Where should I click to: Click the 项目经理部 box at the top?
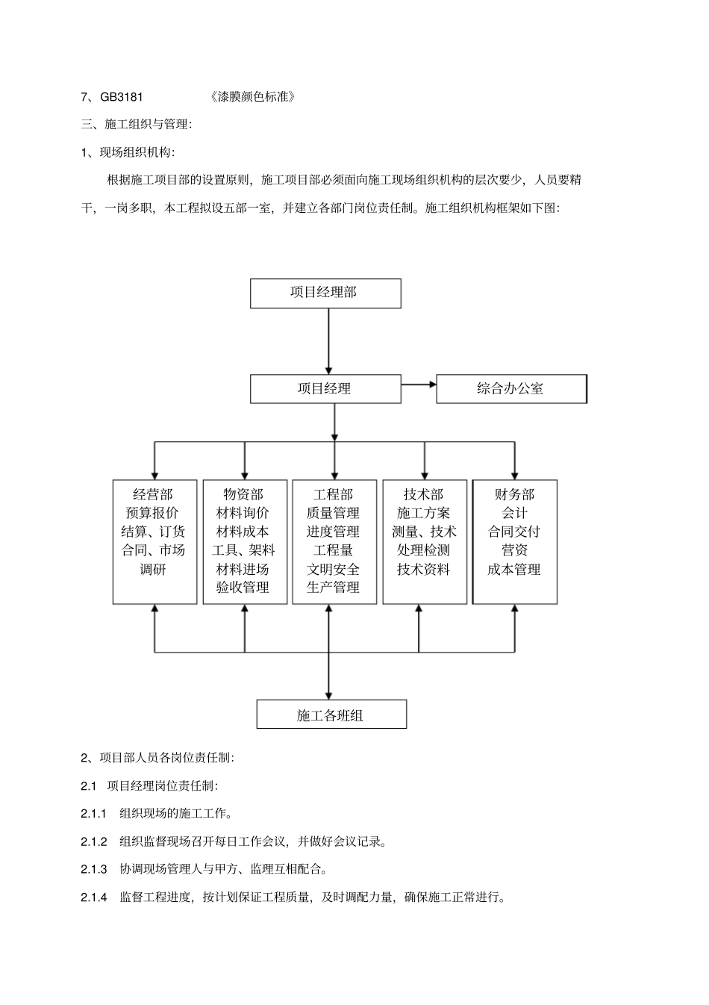(x=325, y=293)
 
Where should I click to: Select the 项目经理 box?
(x=325, y=388)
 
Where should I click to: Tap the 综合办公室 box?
(x=510, y=388)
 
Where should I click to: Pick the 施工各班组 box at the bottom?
(x=331, y=715)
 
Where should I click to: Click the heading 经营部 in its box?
(x=153, y=494)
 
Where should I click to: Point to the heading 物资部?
(x=243, y=494)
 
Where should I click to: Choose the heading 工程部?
(x=333, y=494)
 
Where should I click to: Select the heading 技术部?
(x=423, y=494)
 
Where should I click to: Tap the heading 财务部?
(x=514, y=494)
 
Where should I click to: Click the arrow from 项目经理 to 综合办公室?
(x=419, y=385)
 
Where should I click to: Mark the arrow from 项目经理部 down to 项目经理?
(x=328, y=340)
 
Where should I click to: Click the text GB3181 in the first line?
(x=122, y=96)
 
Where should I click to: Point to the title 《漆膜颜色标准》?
(x=253, y=96)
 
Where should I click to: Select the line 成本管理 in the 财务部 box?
(x=513, y=569)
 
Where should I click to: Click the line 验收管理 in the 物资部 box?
(x=243, y=588)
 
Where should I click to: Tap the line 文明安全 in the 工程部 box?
(x=333, y=569)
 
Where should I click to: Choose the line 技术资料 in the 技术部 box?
(x=423, y=569)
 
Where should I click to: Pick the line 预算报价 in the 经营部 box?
(x=153, y=513)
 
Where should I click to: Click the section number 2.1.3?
(x=94, y=869)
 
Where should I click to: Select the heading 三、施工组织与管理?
(x=136, y=124)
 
